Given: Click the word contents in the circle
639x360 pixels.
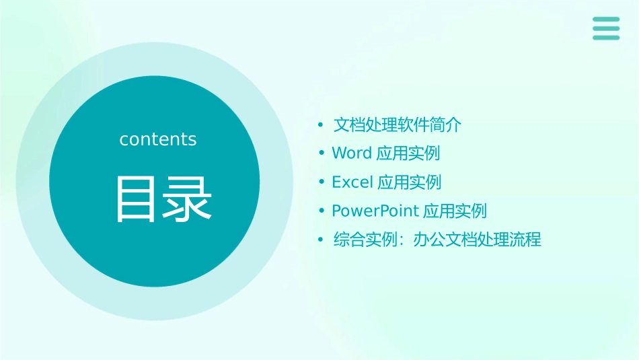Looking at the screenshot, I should point(158,139).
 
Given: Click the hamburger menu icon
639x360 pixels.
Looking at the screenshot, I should point(606,28).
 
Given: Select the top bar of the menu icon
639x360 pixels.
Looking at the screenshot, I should point(606,20).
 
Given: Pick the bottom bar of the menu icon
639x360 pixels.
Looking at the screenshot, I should point(606,38).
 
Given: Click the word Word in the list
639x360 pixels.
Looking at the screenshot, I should point(352,153).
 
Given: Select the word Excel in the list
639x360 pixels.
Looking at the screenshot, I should point(352,182).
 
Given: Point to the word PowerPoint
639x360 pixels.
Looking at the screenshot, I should point(376,211).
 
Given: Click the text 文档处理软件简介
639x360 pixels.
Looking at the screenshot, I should point(398,124).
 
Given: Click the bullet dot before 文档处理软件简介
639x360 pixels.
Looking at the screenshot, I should point(322,125).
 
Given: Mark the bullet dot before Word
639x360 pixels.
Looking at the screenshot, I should point(322,153).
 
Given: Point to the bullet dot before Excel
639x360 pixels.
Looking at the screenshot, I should point(322,182).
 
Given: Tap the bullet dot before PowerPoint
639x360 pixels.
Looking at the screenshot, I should point(322,211).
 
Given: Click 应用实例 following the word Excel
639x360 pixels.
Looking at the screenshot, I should point(410,182).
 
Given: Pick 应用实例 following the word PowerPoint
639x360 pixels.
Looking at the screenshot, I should point(455,211).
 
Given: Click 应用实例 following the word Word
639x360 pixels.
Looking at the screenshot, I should point(408,153).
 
